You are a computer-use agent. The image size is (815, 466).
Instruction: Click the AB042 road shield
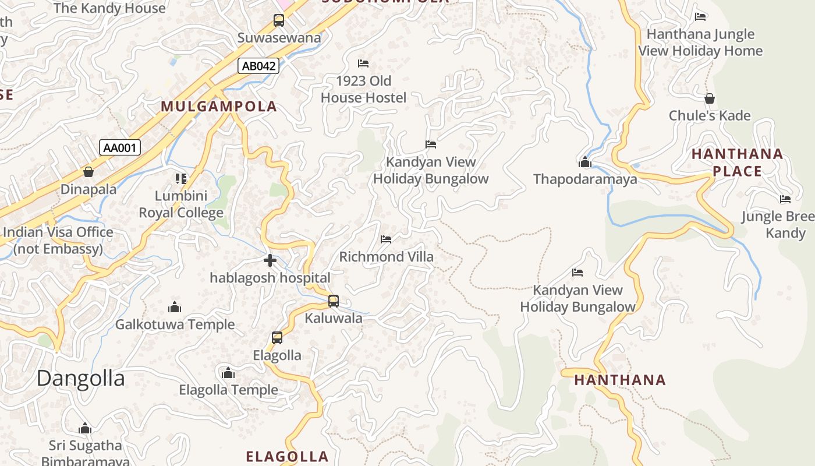[x=258, y=66]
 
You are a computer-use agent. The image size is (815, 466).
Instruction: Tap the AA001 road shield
[x=119, y=147]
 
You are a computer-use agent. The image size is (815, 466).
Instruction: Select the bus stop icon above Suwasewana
[x=279, y=20]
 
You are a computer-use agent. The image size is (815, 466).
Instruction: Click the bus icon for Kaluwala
[x=334, y=301]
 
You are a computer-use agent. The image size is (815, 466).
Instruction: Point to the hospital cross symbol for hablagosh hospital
[x=270, y=260]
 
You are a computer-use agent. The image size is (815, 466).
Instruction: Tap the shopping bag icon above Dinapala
[x=88, y=172]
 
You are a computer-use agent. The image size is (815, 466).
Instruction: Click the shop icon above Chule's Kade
[x=709, y=98]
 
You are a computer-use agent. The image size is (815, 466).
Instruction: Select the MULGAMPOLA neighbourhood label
[x=219, y=107]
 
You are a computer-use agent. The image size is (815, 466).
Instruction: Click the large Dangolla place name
[x=80, y=379]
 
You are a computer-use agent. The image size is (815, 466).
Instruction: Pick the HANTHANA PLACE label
[x=737, y=163]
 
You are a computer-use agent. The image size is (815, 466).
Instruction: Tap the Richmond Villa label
[x=386, y=257]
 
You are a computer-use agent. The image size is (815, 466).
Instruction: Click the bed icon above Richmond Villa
[x=386, y=239]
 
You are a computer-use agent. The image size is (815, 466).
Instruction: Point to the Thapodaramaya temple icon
[x=585, y=162]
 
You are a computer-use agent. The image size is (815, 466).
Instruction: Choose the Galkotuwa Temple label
[x=175, y=324]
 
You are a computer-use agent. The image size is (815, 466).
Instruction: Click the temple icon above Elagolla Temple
[x=228, y=372]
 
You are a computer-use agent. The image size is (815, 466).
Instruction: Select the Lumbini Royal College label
[x=181, y=204]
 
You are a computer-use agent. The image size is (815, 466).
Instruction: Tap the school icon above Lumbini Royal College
[x=181, y=178]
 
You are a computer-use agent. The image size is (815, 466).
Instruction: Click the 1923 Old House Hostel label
[x=363, y=89]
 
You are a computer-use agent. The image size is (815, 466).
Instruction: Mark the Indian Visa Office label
[x=58, y=241]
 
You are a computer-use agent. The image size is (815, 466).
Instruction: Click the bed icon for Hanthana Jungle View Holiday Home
[x=700, y=16]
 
